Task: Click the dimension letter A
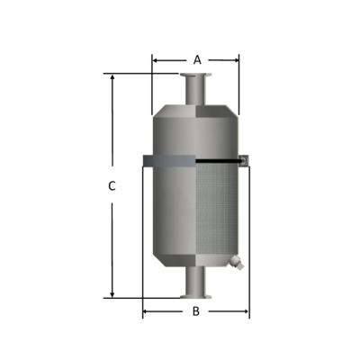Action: pyautogui.click(x=196, y=59)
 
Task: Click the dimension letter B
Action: pyautogui.click(x=196, y=311)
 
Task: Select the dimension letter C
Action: pyautogui.click(x=112, y=187)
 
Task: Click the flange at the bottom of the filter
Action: pyautogui.click(x=195, y=296)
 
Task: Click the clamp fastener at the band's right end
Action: pyautogui.click(x=246, y=161)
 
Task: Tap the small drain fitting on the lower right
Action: pyautogui.click(x=236, y=264)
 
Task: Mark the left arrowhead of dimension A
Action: pyautogui.click(x=155, y=60)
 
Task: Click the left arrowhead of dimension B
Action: pyautogui.click(x=146, y=312)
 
